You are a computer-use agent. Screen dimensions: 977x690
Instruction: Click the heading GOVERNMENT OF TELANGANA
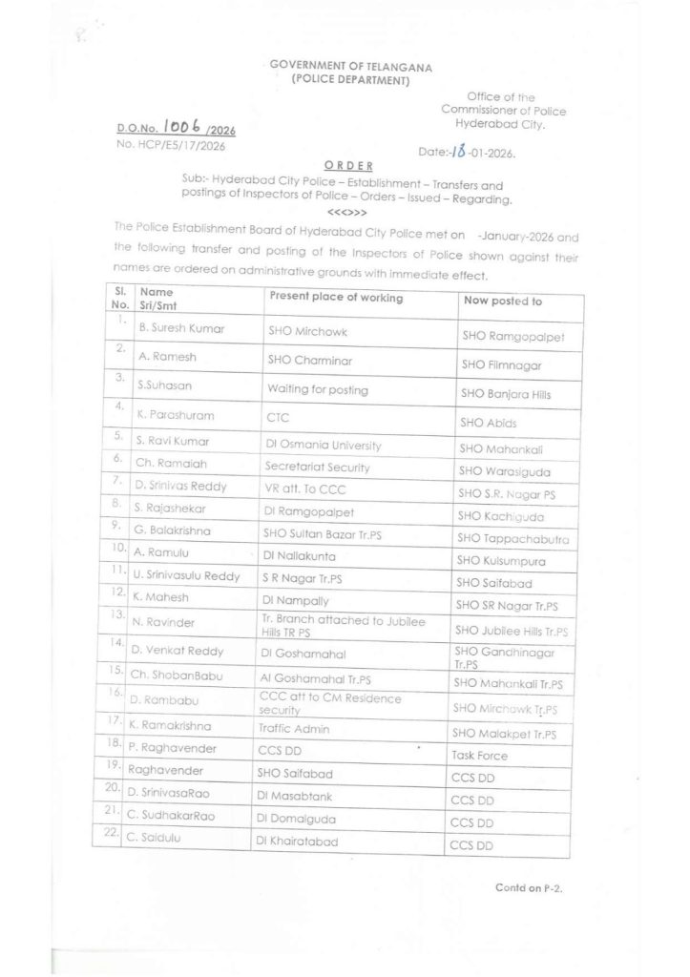(350, 67)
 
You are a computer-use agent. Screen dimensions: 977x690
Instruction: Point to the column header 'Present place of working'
(335, 297)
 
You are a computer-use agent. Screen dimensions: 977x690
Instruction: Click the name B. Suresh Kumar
(181, 328)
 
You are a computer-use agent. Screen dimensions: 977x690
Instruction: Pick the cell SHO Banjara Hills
(506, 393)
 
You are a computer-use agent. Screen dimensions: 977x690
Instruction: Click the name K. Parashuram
(177, 416)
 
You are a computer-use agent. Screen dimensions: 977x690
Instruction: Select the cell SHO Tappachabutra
(513, 539)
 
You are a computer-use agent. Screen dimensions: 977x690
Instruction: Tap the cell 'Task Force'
(479, 756)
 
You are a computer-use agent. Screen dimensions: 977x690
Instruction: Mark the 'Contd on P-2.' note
(529, 887)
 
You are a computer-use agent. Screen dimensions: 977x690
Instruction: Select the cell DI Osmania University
(324, 445)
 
